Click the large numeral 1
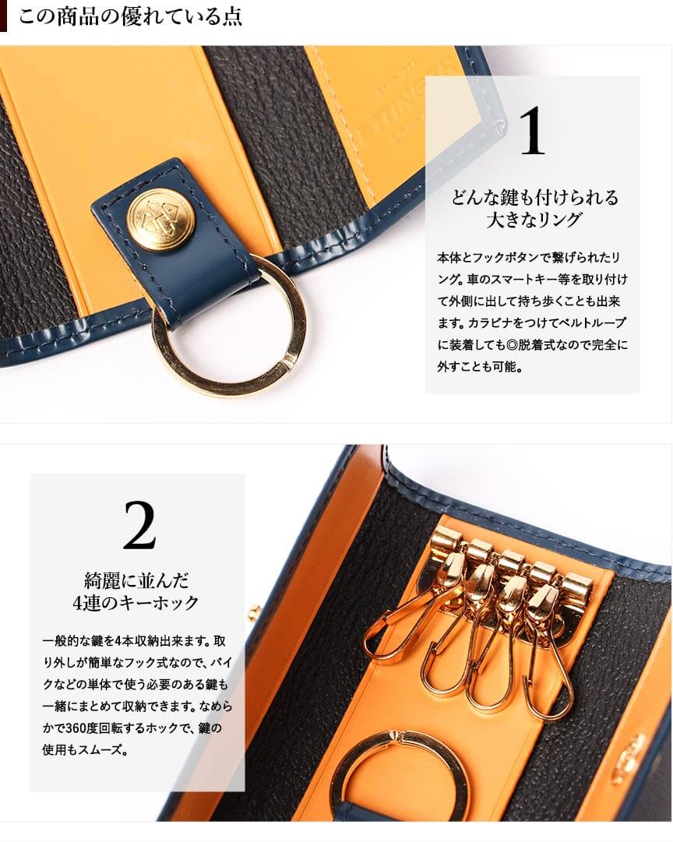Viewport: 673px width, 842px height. (532, 131)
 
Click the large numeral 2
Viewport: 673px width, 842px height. (139, 525)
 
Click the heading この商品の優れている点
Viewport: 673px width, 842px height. (130, 16)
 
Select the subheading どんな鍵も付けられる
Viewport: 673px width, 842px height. (534, 197)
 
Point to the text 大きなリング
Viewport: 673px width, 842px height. (534, 220)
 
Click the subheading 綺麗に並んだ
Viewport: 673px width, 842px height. (136, 580)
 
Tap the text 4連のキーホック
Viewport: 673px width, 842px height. (136, 603)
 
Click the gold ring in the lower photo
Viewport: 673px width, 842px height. (400, 769)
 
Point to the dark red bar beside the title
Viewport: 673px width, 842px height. (3, 16)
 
